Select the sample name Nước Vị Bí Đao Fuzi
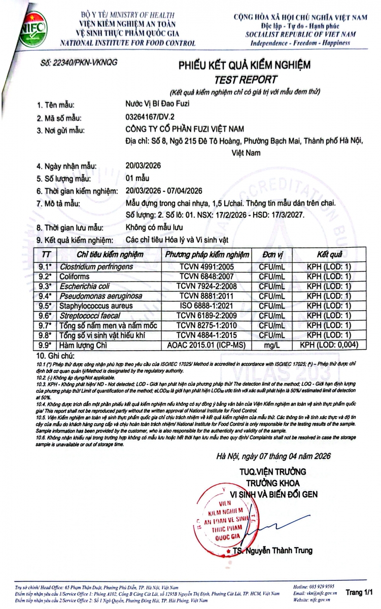[x=160, y=105]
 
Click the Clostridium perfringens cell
[x=96, y=266]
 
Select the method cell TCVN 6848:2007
[x=205, y=276]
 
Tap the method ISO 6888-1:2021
[x=205, y=306]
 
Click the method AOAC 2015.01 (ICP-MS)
[x=205, y=345]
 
